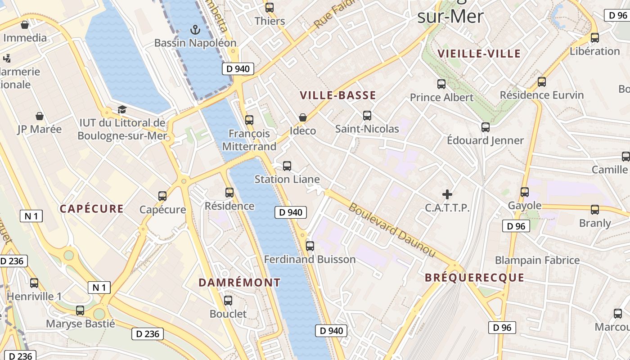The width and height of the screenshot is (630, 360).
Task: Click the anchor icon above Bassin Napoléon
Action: click(195, 30)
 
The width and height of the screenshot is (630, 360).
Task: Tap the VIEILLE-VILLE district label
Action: click(479, 54)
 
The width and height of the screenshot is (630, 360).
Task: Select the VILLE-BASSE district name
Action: click(337, 95)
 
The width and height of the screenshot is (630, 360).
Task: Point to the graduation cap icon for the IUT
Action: click(121, 109)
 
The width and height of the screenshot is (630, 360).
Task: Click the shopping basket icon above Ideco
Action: click(303, 118)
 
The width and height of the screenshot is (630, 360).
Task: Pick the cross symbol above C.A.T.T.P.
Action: click(447, 194)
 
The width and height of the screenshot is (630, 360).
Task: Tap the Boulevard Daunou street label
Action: click(392, 230)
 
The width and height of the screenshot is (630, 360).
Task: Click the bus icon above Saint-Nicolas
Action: click(367, 116)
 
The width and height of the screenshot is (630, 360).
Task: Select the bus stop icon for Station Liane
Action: click(287, 166)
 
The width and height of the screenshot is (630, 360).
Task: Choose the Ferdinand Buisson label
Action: click(310, 259)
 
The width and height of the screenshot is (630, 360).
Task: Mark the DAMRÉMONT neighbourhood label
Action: click(239, 283)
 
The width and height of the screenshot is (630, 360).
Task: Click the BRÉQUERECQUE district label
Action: click(475, 277)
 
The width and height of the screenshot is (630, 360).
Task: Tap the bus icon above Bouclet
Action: click(228, 301)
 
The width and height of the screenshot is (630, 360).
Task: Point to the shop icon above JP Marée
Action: click(40, 116)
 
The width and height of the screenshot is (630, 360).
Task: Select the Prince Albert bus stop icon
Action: click(441, 84)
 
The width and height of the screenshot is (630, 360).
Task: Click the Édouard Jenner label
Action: click(485, 140)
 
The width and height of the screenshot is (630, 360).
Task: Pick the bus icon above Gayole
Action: click(525, 192)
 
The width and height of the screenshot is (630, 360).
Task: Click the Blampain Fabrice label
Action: click(537, 260)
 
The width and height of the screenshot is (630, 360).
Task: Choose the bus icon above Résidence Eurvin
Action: click(542, 82)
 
